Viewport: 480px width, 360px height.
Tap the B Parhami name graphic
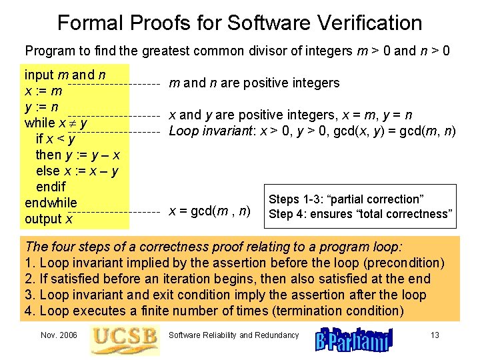tap(354, 339)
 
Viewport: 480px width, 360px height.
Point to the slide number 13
tap(434, 335)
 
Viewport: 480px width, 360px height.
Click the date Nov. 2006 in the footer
tap(58, 335)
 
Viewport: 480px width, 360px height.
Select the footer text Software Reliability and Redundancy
tap(234, 335)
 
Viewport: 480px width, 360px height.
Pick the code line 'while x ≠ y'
tap(56, 123)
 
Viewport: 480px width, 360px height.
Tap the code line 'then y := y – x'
tap(77, 155)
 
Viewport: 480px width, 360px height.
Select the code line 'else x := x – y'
tap(77, 171)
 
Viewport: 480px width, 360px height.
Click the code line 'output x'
tap(49, 219)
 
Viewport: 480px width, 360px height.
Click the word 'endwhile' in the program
tap(51, 203)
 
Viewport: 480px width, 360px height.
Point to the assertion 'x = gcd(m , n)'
tap(209, 211)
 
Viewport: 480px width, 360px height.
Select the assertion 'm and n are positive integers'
tap(254, 83)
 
